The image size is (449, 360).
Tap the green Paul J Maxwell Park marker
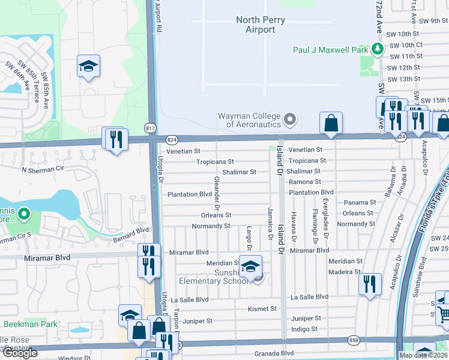[x=377, y=49]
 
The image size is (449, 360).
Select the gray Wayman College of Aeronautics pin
[x=290, y=119]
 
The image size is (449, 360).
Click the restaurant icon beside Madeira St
[x=370, y=283]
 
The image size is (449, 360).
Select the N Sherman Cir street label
[x=42, y=170]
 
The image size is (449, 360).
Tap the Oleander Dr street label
[x=215, y=190]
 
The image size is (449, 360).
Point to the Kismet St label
[x=262, y=309]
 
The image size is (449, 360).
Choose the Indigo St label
[x=304, y=329]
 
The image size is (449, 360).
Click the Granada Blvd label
[x=274, y=354]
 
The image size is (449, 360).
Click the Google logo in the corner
[x=20, y=353]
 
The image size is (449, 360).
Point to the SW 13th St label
[x=403, y=79]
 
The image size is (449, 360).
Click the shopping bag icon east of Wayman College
[x=331, y=123]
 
